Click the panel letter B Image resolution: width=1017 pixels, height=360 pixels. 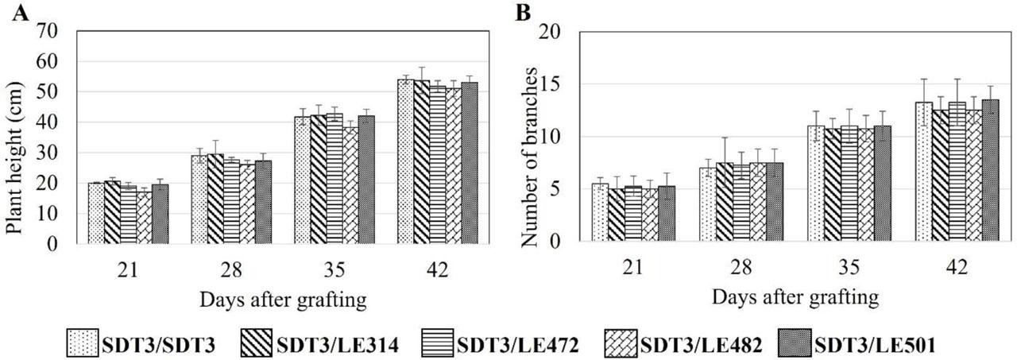524,14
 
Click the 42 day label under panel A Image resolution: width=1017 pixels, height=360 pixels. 437,270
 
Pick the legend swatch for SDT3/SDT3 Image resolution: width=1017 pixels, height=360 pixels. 82,343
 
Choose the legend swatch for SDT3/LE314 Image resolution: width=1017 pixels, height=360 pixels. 260,343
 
